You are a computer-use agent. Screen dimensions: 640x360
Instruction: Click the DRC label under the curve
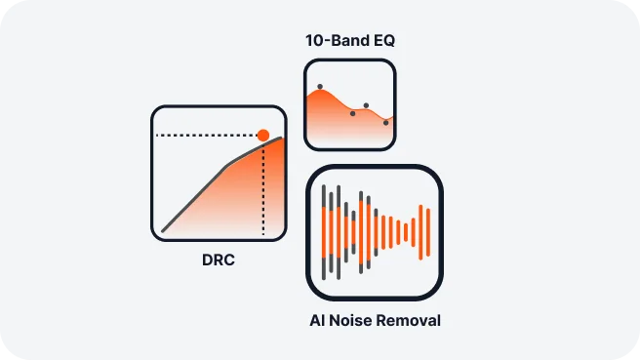point(220,260)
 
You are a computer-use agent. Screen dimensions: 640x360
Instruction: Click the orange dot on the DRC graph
point(263,135)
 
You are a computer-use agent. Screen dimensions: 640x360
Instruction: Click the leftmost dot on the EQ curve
point(320,87)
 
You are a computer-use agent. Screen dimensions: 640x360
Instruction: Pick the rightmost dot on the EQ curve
point(385,122)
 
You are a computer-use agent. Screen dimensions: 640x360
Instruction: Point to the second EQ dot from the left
point(352,113)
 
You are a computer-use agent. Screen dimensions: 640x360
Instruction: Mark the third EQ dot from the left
point(366,105)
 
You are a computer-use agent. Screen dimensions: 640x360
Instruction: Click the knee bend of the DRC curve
point(227,166)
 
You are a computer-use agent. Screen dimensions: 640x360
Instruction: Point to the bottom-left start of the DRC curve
point(164,230)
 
